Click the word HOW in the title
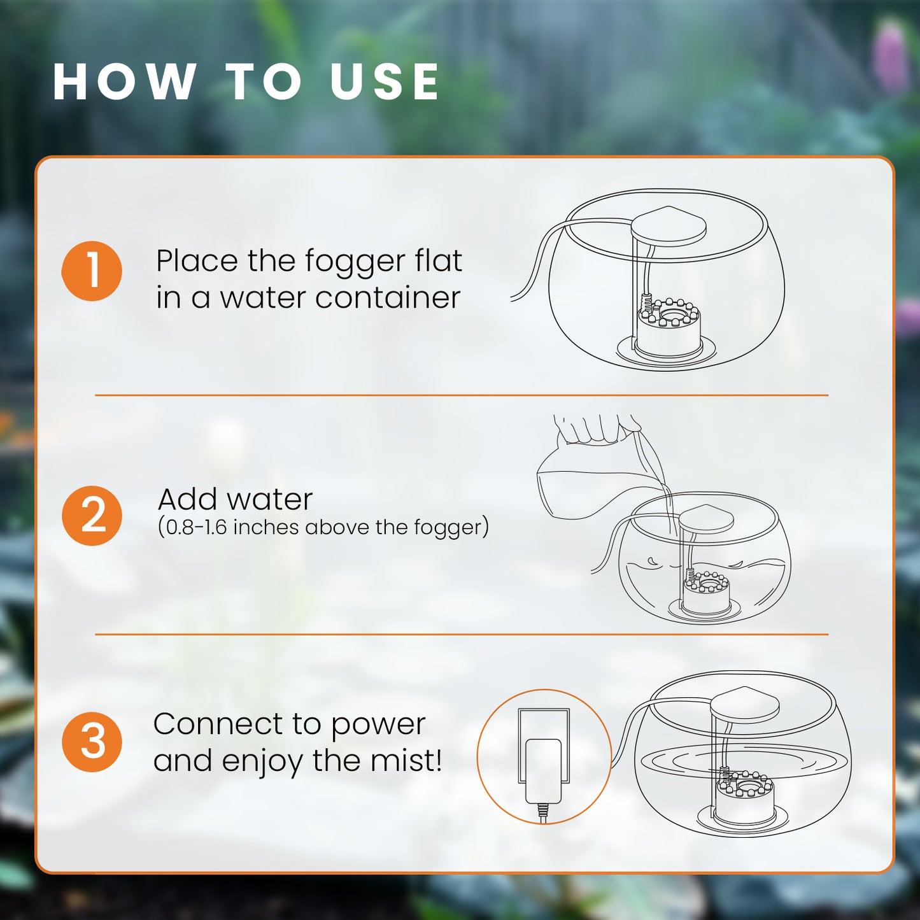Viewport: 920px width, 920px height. pyautogui.click(x=125, y=81)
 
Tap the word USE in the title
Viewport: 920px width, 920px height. pyautogui.click(x=385, y=81)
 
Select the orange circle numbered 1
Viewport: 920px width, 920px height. pyautogui.click(x=92, y=271)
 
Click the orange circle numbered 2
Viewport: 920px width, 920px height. pyautogui.click(x=92, y=516)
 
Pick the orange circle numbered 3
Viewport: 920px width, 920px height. pyautogui.click(x=92, y=742)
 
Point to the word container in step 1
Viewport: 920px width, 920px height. pyautogui.click(x=388, y=298)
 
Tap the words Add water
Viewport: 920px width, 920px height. pyautogui.click(x=235, y=499)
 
